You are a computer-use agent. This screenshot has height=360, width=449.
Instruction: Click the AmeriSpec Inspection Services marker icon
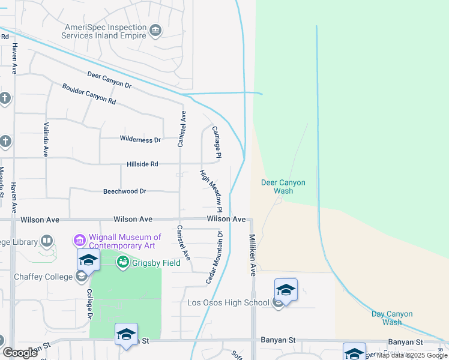click(x=155, y=30)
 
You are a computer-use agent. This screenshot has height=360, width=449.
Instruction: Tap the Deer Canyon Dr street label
click(x=109, y=79)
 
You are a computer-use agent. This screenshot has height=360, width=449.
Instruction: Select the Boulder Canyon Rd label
click(x=89, y=94)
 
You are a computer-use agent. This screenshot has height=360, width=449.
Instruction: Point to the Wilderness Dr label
click(x=140, y=140)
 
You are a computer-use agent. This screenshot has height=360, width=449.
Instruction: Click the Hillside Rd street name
click(x=142, y=164)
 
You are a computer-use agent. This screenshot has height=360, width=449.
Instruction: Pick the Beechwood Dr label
click(x=125, y=191)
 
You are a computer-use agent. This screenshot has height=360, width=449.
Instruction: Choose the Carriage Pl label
click(x=217, y=143)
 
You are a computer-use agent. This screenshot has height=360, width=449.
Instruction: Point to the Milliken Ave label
click(x=253, y=254)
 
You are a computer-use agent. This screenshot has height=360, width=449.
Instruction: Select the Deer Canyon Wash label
click(x=283, y=187)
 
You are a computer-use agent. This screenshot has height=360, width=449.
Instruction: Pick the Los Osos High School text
click(x=228, y=302)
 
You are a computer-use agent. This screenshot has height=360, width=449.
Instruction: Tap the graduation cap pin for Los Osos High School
click(x=286, y=290)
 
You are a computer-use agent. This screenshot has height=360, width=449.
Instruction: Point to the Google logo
click(x=20, y=353)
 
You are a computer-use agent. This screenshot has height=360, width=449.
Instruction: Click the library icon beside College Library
click(x=47, y=241)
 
